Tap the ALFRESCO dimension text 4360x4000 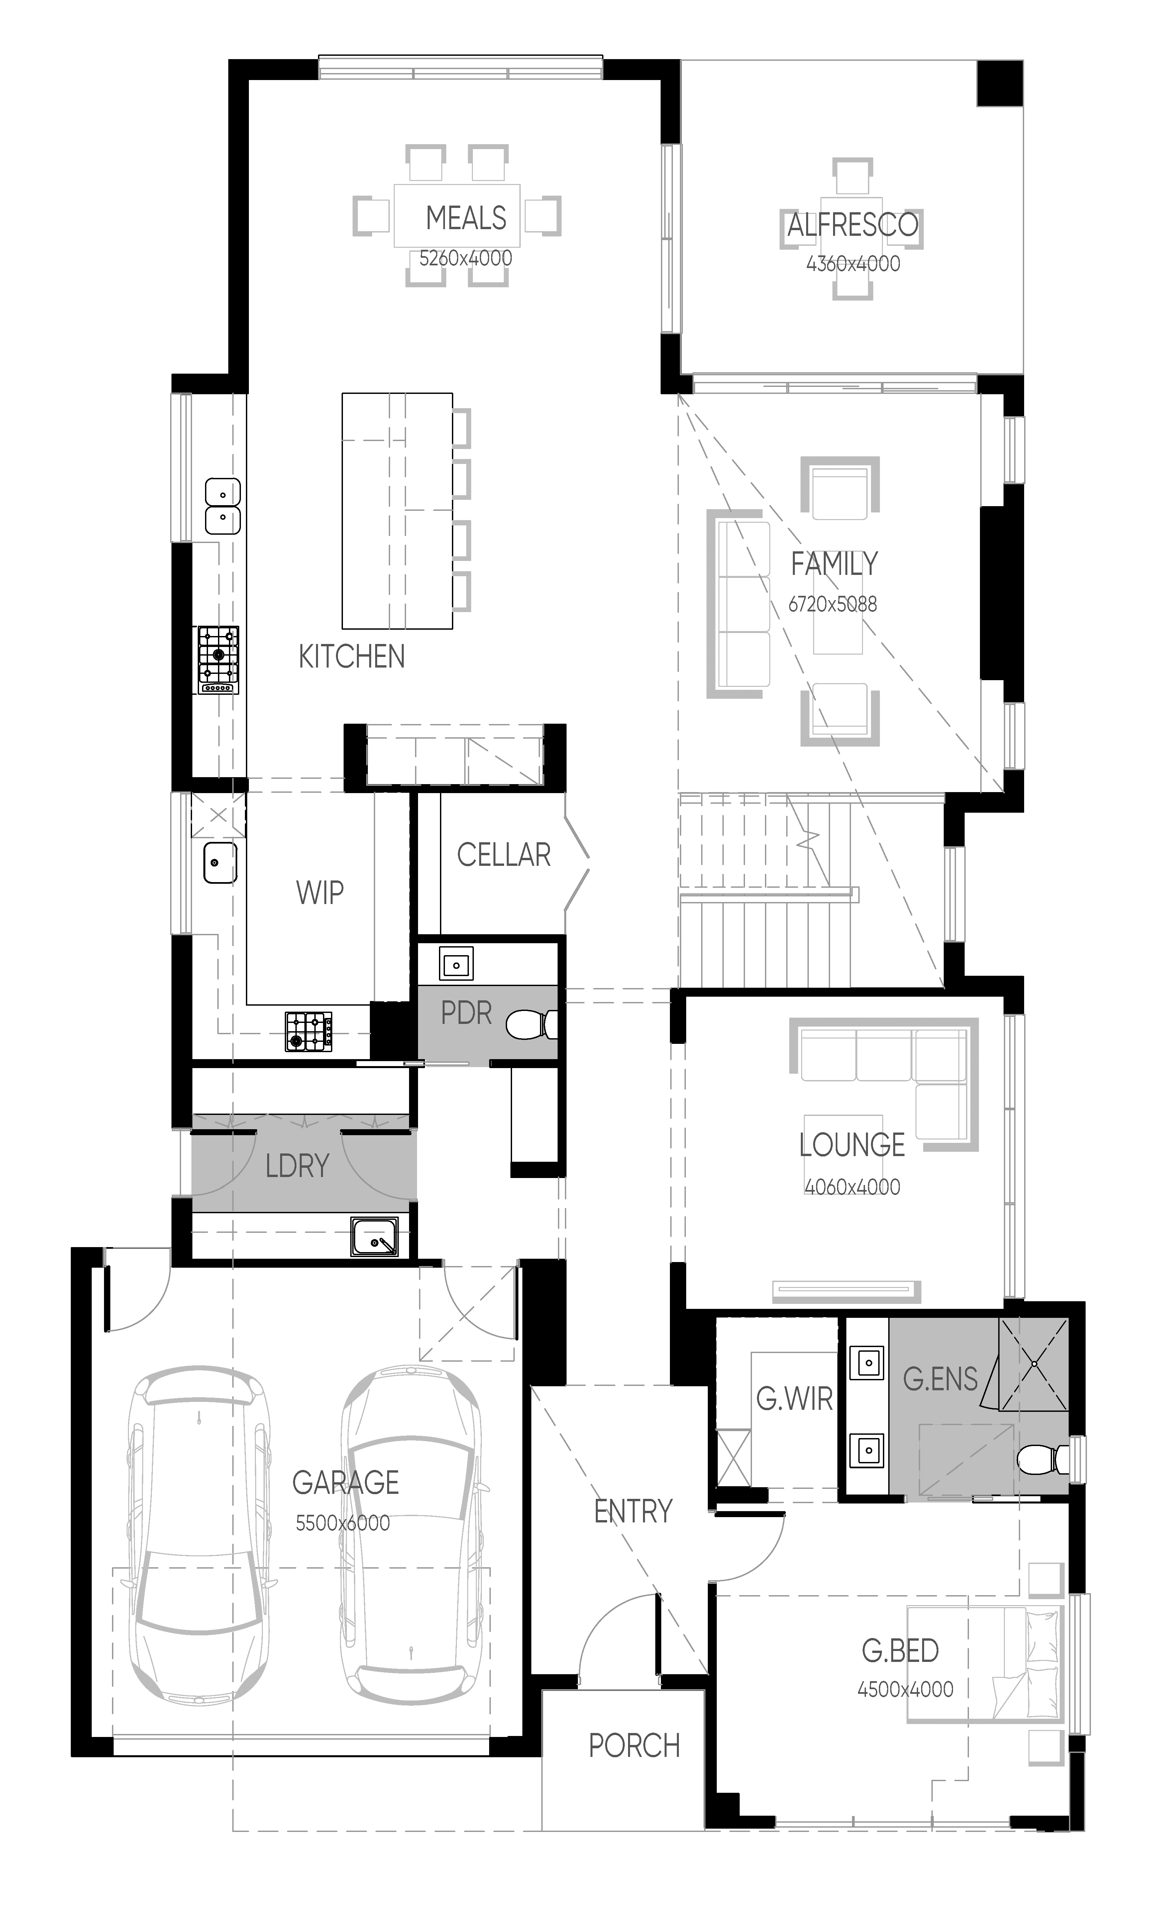[x=853, y=264]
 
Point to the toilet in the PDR [x=532, y=1024]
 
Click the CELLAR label [x=504, y=855]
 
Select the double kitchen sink [x=223, y=506]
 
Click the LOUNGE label [x=852, y=1145]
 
